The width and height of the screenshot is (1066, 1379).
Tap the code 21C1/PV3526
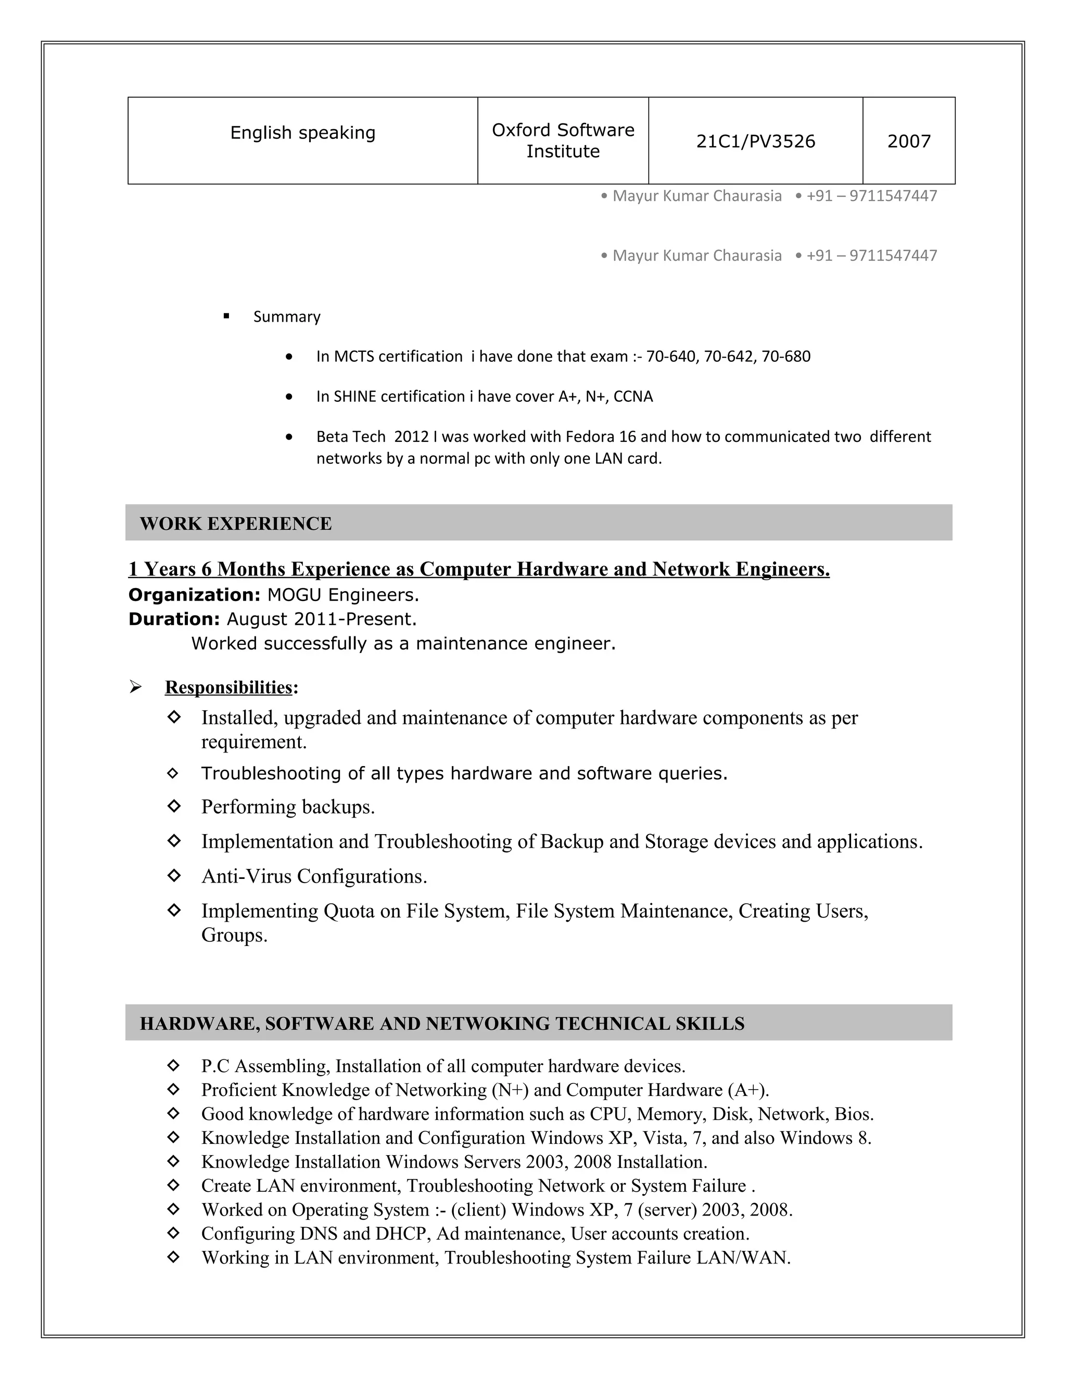pos(755,142)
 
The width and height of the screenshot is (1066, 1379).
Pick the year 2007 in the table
pos(909,142)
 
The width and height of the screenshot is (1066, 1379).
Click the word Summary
pos(287,317)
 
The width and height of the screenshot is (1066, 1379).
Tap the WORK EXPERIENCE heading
pos(236,523)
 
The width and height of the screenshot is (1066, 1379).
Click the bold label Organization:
pos(195,595)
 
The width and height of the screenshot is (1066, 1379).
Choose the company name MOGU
pos(294,595)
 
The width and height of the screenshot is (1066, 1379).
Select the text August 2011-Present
pos(322,619)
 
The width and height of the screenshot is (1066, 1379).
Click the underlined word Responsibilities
pos(229,687)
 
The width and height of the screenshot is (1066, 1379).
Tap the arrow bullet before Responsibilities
pos(135,686)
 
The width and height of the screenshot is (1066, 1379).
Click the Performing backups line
pos(288,807)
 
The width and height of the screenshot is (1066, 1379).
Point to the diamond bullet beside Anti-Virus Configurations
pos(174,875)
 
